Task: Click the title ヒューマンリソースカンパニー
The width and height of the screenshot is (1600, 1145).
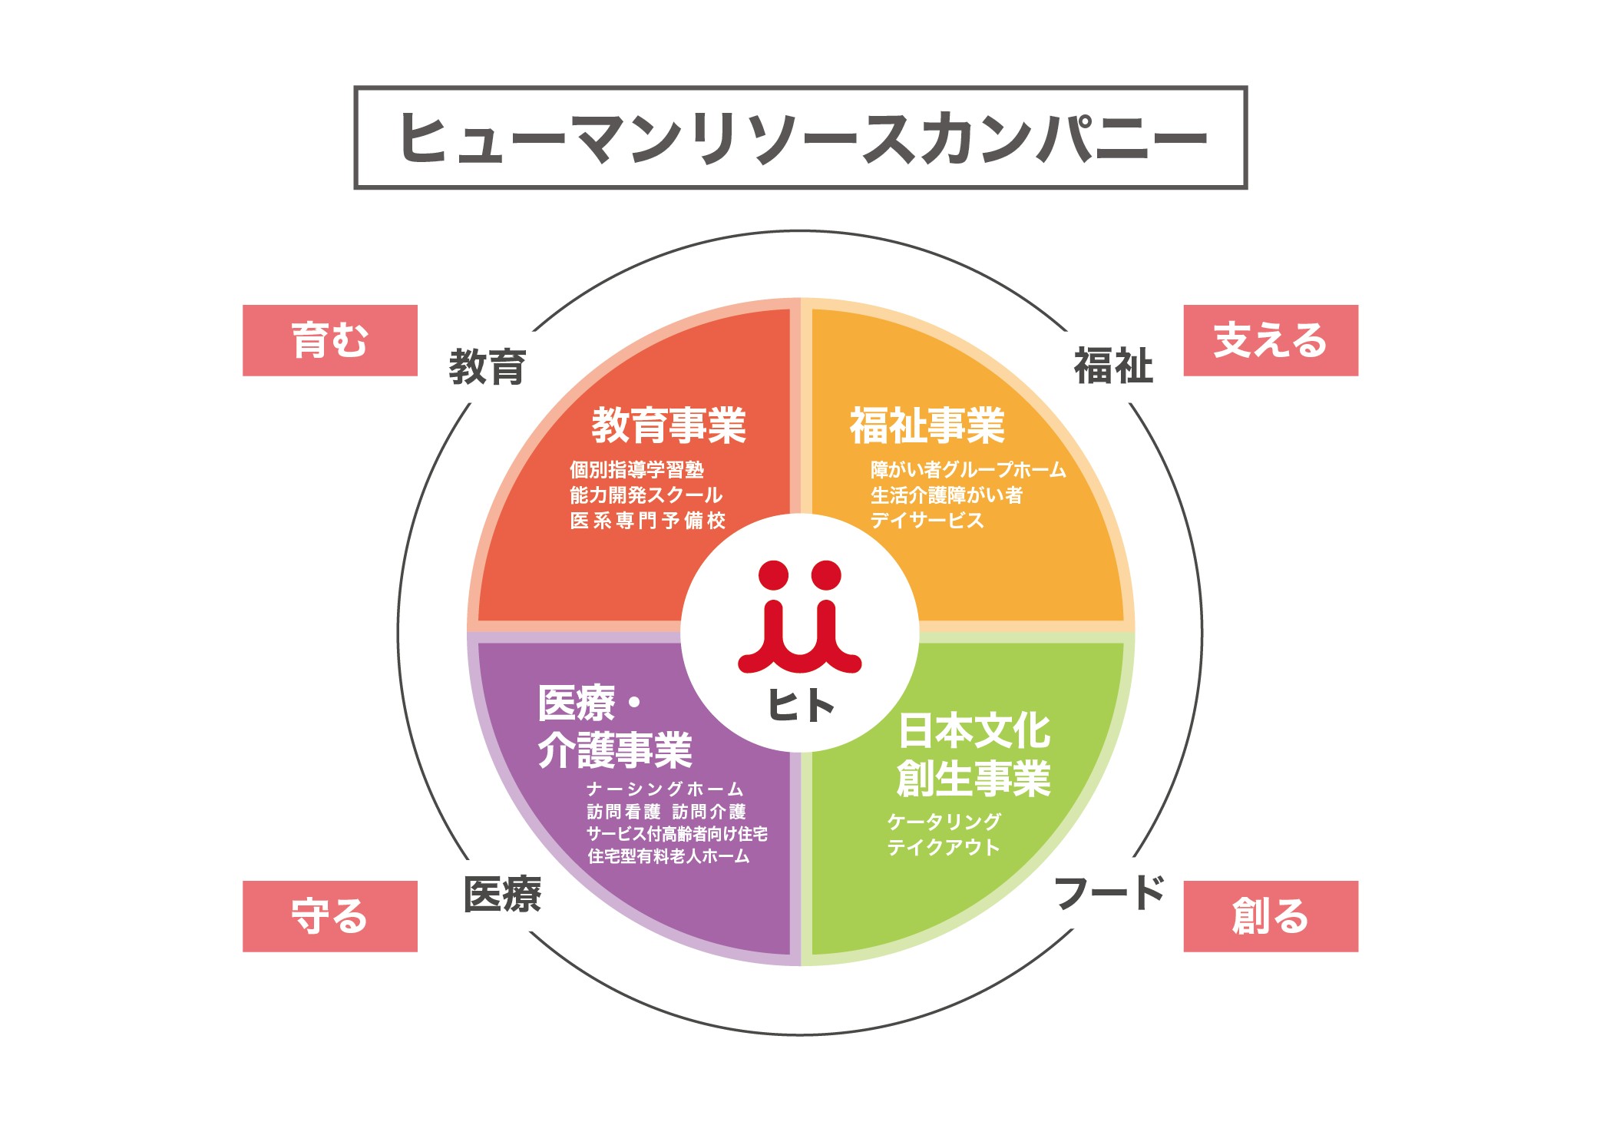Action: pos(802,138)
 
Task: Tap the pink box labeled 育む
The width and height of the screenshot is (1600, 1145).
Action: pos(330,340)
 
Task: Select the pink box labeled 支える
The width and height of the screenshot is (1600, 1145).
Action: pos(1271,340)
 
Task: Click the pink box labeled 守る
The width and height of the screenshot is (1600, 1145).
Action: pos(330,916)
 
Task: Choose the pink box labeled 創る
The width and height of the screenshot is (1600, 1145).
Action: pos(1271,916)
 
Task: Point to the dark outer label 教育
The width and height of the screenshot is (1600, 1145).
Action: pos(488,366)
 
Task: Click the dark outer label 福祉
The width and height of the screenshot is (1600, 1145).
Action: pos(1113,366)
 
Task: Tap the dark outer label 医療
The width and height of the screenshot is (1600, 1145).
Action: pos(502,894)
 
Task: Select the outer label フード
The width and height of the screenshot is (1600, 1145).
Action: pos(1110,892)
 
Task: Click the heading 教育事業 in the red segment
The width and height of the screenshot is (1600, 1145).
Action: pos(669,425)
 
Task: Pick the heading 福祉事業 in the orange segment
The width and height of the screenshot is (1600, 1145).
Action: pos(927,425)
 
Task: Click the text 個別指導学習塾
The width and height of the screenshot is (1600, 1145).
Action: pos(636,469)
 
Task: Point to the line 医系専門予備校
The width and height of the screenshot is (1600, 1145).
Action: pos(647,521)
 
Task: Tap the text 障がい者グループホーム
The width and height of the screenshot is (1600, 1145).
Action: pos(968,469)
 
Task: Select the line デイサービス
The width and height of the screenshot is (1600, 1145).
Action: pos(927,521)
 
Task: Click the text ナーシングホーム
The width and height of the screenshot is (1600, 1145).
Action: pos(665,789)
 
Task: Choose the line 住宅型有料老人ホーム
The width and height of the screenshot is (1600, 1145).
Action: pos(668,856)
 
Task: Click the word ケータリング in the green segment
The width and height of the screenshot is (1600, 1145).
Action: pos(944,822)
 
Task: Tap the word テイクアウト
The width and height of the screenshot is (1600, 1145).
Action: pos(944,847)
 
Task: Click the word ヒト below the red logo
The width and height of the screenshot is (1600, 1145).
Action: pos(802,705)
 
